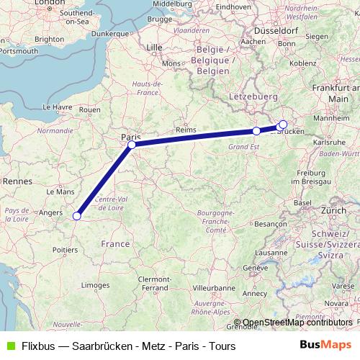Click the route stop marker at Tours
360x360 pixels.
coord(77,214)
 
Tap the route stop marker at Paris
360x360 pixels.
coord(132,145)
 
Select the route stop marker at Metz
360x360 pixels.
coord(256,131)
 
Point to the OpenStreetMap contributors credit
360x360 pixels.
coord(297,323)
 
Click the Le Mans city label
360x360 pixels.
coord(60,192)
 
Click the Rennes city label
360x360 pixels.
coord(14,183)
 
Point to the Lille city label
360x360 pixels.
coord(155,48)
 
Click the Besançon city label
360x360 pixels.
coord(270,224)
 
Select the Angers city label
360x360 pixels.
coord(50,212)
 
